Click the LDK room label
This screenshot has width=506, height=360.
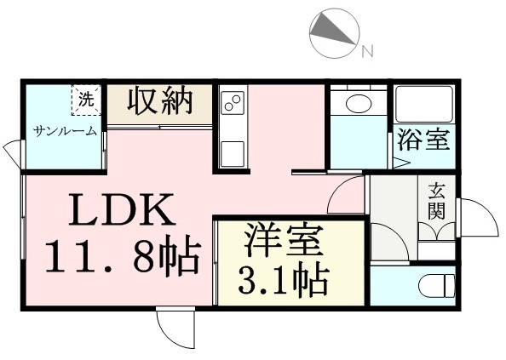pos(122,210)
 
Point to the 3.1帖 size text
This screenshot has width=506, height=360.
pos(283,279)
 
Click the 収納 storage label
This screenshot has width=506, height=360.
pos(160,102)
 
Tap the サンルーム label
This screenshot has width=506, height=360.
pos(66,131)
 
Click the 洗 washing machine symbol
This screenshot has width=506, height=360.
pos(86,100)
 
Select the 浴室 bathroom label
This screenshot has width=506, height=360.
pos(423,140)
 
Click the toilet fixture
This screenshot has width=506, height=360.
pos(437,285)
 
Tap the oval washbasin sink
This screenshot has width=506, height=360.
pos(359,103)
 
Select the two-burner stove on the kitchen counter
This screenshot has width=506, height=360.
pos(233,102)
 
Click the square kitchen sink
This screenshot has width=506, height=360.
pos(233,154)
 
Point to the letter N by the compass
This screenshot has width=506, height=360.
pos(367,51)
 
